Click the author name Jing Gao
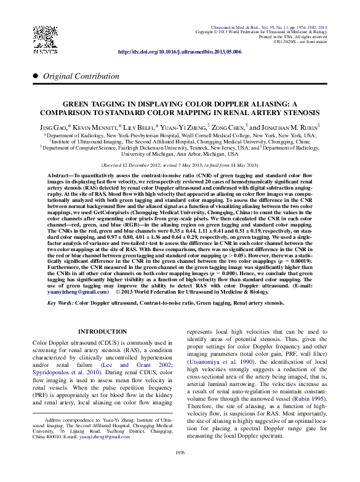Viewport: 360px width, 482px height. pos(54,126)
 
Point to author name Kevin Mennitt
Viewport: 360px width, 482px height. pos(94,126)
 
